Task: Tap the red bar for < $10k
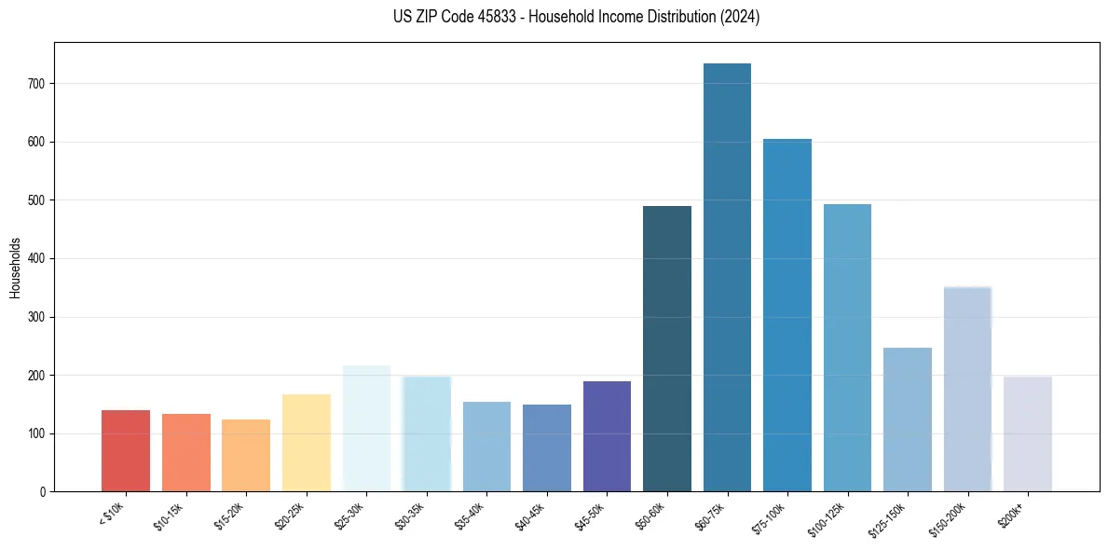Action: tap(126, 451)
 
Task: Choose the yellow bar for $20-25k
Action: tap(307, 443)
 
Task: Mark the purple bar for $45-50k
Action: tap(607, 436)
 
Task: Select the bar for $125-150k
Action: tap(908, 419)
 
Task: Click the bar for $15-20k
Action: tap(246, 456)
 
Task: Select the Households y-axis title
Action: tap(16, 267)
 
